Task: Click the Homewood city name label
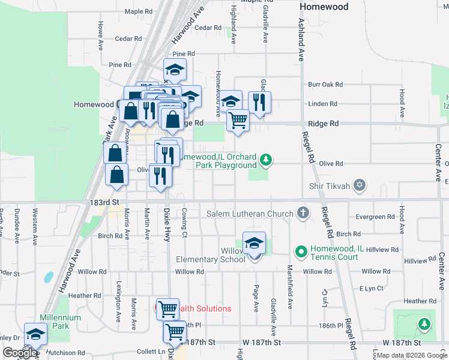coord(324,7)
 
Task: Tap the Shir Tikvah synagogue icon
coord(360,185)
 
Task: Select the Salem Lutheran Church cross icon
coord(304,214)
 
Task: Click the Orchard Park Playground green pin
coord(265,160)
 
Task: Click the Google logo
coord(20,353)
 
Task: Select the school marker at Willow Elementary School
coord(255,243)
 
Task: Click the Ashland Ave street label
coord(301,40)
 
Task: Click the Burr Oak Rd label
coord(325,85)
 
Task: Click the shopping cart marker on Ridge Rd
coord(238,120)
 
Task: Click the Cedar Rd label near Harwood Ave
coord(128,39)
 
